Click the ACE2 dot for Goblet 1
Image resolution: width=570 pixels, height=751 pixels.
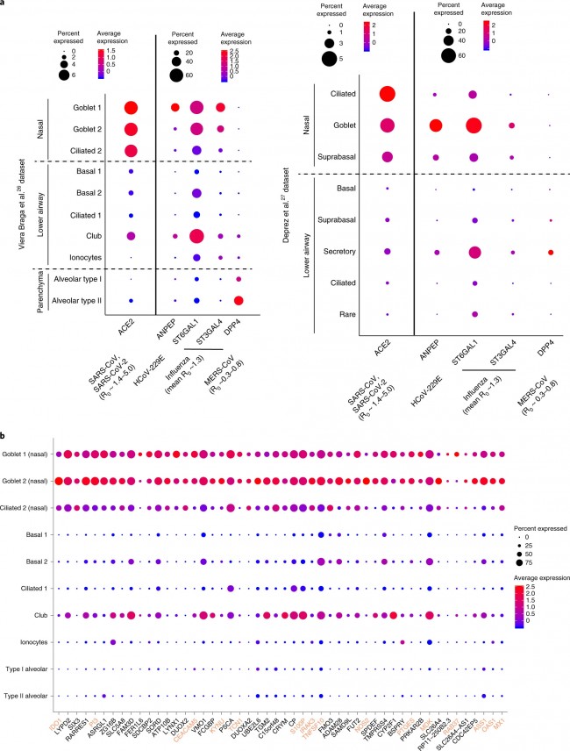pos(132,108)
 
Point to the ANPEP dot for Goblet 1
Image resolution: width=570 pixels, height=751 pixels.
pos(175,108)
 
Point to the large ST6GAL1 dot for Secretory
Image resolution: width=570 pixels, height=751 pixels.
pos(474,252)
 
